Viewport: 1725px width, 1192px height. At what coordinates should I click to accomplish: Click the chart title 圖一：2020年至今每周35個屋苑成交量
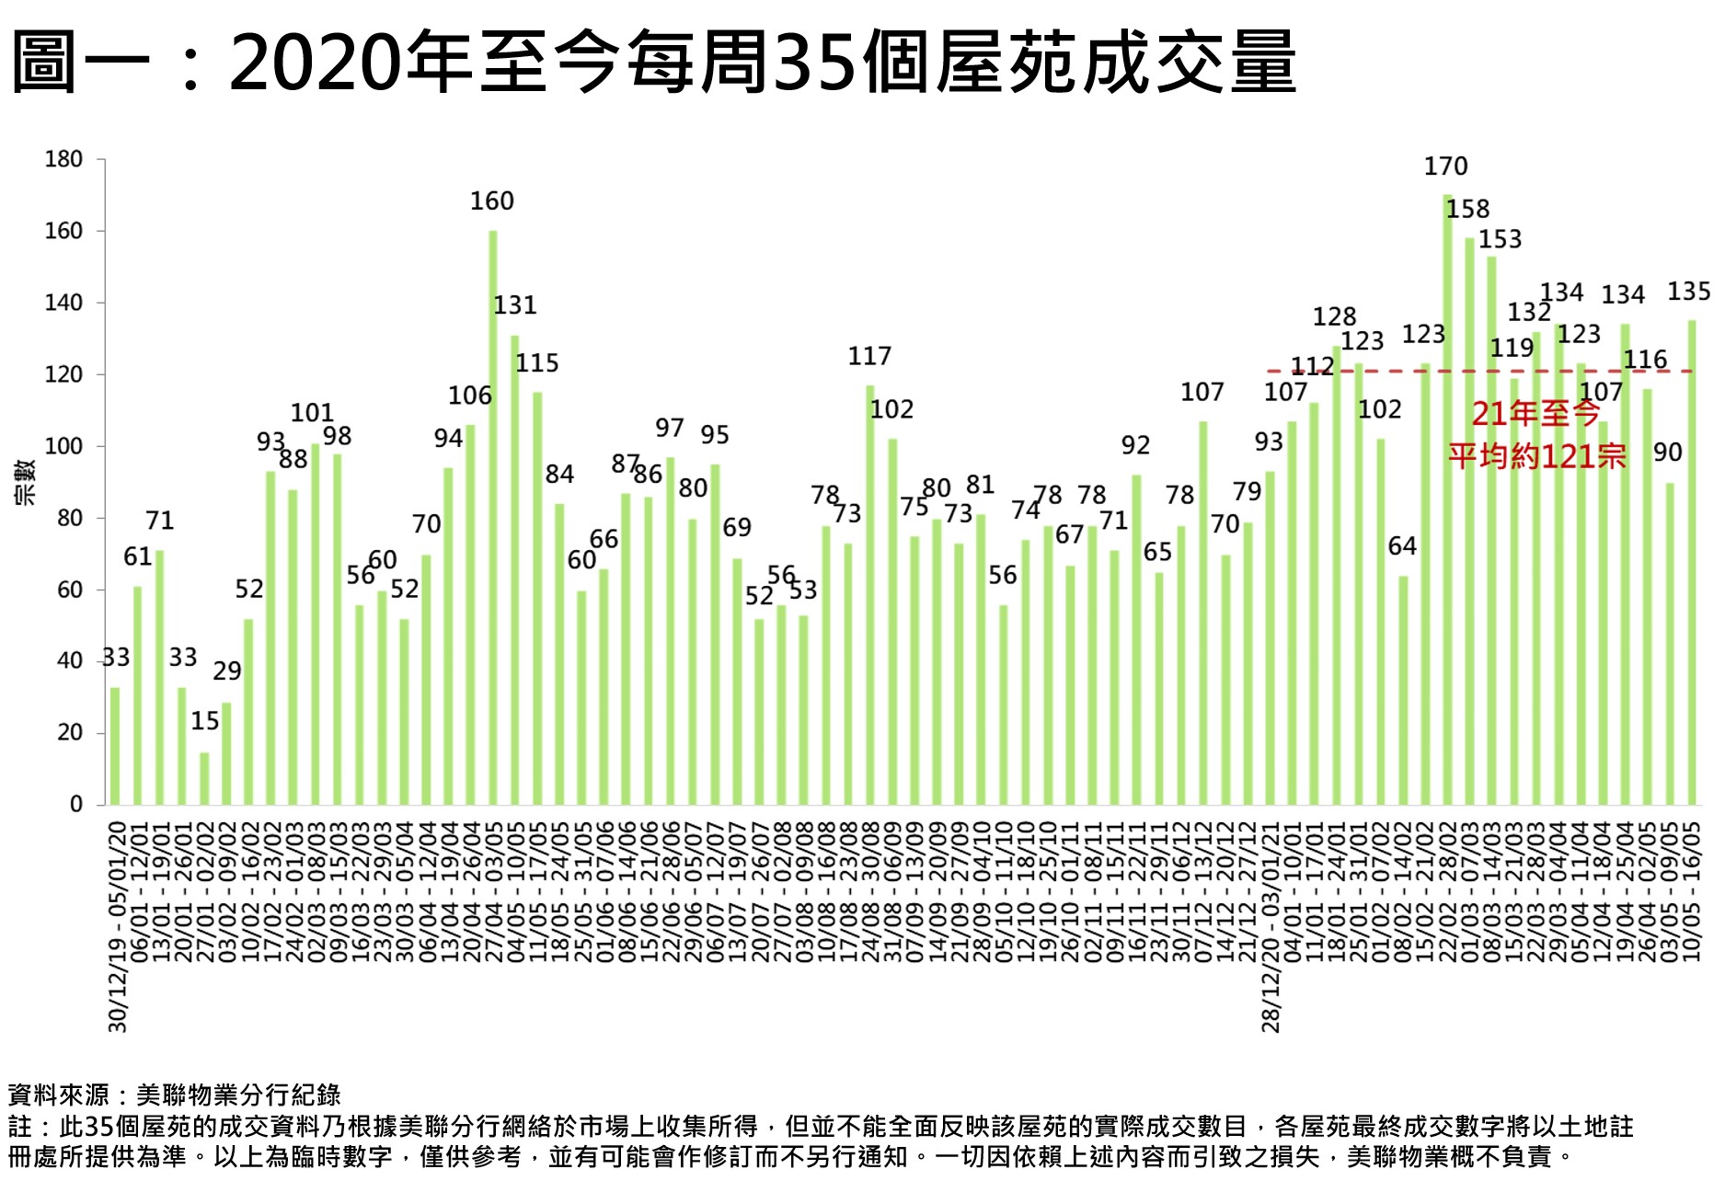click(x=653, y=63)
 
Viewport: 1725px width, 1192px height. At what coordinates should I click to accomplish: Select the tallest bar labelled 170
click(x=1447, y=497)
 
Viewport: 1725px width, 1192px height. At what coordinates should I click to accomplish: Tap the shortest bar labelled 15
click(x=204, y=777)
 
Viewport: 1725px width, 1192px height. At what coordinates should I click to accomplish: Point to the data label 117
click(x=869, y=356)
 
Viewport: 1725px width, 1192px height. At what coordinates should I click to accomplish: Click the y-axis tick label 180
click(x=63, y=159)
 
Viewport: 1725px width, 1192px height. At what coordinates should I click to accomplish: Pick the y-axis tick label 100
click(x=63, y=446)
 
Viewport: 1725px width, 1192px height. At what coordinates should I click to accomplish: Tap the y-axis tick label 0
click(x=75, y=805)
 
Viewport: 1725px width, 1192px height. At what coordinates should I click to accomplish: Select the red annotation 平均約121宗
click(x=1536, y=456)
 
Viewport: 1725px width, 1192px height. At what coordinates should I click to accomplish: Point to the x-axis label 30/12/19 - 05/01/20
click(x=117, y=924)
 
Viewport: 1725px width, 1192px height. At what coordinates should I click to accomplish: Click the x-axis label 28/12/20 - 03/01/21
click(x=1271, y=924)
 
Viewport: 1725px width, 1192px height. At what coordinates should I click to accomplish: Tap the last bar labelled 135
click(x=1692, y=561)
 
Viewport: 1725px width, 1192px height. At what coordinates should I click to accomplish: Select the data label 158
click(x=1467, y=210)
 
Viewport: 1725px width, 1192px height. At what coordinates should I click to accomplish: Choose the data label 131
click(x=514, y=305)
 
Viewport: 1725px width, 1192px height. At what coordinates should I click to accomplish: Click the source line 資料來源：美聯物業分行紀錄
click(x=175, y=1095)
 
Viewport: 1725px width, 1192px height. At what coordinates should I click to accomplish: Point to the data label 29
click(x=227, y=671)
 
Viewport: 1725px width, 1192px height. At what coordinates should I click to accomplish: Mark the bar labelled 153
click(x=1491, y=529)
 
